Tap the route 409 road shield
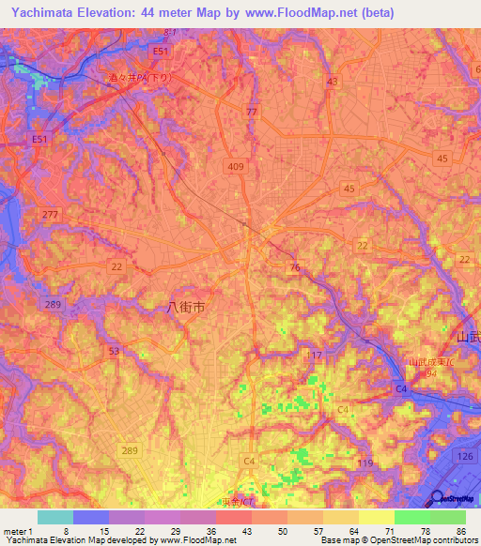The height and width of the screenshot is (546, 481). point(235,166)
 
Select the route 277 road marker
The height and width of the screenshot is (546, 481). point(50,215)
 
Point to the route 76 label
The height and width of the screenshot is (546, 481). point(295,268)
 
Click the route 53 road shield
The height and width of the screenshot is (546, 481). point(115,351)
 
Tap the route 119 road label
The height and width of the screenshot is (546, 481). point(365,463)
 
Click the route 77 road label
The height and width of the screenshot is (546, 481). point(250,112)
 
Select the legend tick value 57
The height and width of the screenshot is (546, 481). point(320,530)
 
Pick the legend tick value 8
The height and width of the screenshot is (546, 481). point(65,530)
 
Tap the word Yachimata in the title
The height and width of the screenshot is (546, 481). point(44,12)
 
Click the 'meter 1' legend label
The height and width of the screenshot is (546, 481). point(18,530)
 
